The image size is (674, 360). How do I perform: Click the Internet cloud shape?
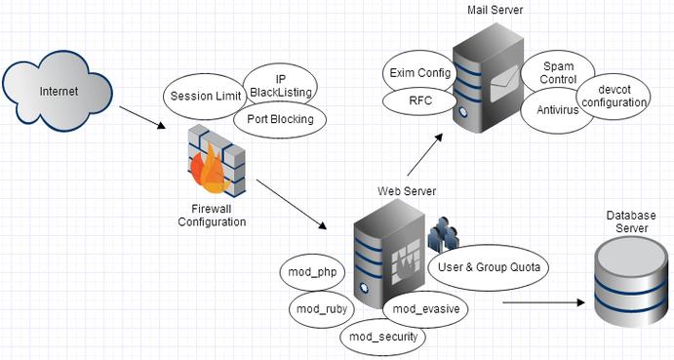point(59,92)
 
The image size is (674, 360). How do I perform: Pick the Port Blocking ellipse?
point(280,120)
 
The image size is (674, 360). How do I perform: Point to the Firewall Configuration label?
point(212,215)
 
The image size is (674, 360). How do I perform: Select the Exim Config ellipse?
point(416,72)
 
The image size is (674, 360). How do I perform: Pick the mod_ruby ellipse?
point(318,309)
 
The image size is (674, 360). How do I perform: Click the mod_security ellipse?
point(383,337)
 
